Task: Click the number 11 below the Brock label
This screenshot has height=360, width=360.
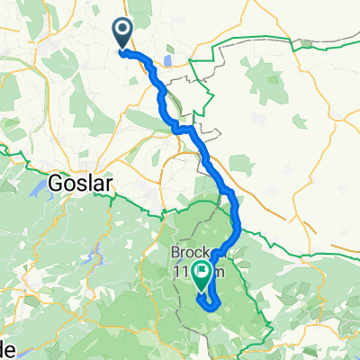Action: [x=184, y=267]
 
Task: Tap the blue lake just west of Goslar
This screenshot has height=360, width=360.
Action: [x=41, y=188]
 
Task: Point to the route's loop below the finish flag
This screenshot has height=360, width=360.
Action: [x=210, y=301]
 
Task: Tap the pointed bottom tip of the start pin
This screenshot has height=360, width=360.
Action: [x=121, y=48]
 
